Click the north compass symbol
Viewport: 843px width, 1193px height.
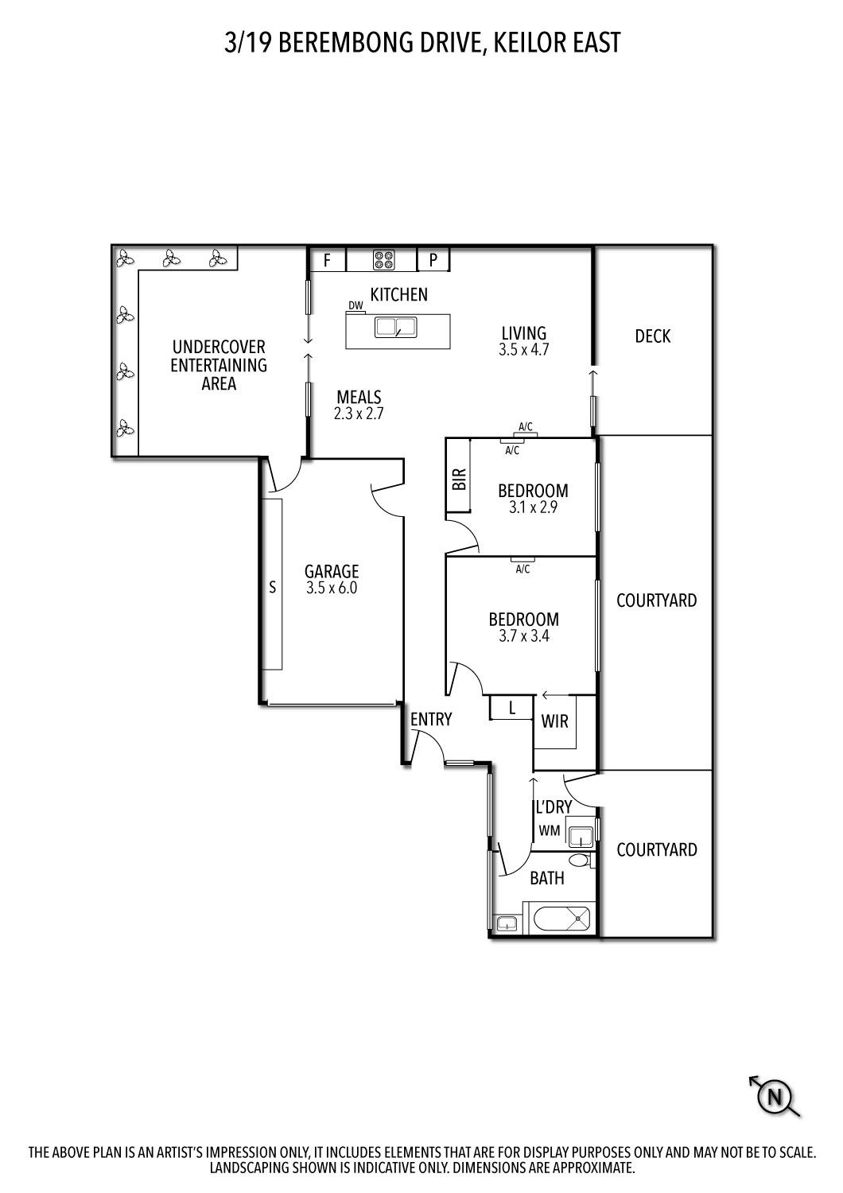pyautogui.click(x=775, y=1097)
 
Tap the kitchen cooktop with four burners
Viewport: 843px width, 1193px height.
pyautogui.click(x=383, y=259)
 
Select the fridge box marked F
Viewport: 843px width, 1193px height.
pyautogui.click(x=327, y=260)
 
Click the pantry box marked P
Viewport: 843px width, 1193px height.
pyautogui.click(x=433, y=260)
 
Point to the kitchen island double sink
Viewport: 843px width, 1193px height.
pyautogui.click(x=395, y=327)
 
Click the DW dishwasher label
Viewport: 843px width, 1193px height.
pyautogui.click(x=355, y=305)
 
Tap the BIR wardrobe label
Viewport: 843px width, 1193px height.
pyautogui.click(x=459, y=479)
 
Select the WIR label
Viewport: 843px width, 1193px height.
pyautogui.click(x=555, y=721)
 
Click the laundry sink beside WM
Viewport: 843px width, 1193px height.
pyautogui.click(x=581, y=837)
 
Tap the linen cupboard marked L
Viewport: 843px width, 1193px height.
pyautogui.click(x=511, y=707)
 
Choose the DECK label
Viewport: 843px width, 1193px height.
pyautogui.click(x=653, y=336)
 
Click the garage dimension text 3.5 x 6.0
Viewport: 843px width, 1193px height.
pyautogui.click(x=332, y=588)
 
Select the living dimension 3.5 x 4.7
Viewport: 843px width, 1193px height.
pyautogui.click(x=524, y=350)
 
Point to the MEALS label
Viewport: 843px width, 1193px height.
pyautogui.click(x=359, y=397)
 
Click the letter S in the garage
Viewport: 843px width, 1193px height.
pyautogui.click(x=273, y=587)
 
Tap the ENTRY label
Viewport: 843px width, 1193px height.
pyautogui.click(x=431, y=719)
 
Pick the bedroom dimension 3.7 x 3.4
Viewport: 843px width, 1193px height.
pyautogui.click(x=524, y=636)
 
